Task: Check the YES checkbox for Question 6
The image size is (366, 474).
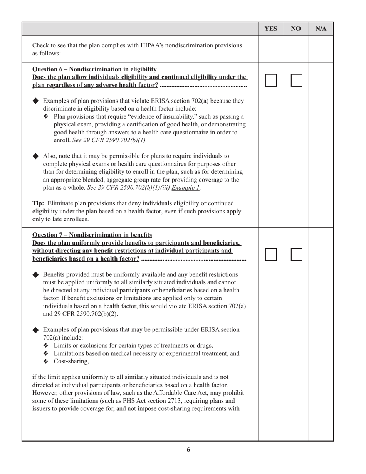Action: [x=271, y=81]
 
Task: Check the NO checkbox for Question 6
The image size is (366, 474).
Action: [x=296, y=81]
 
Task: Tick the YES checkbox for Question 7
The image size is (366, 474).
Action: [x=271, y=254]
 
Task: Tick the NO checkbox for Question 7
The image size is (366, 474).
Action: [x=296, y=254]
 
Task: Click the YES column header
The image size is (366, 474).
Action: [x=271, y=29]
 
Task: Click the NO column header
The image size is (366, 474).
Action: [x=296, y=29]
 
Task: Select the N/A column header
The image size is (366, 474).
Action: [x=321, y=29]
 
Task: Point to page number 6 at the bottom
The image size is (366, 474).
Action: [x=188, y=450]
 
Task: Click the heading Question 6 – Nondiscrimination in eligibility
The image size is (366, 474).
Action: [x=94, y=69]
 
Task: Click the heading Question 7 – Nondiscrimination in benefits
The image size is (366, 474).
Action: [x=92, y=235]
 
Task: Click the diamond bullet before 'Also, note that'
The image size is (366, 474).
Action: [x=36, y=156]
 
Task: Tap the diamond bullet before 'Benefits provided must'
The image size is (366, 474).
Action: [x=36, y=275]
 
